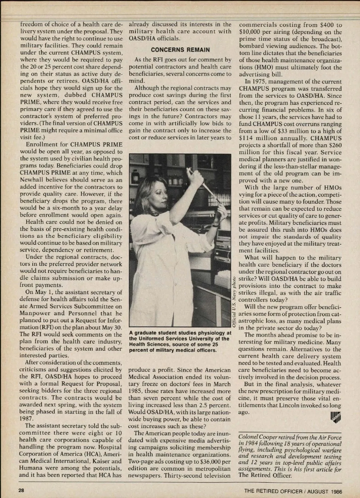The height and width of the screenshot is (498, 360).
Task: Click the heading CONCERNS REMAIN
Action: tap(180, 50)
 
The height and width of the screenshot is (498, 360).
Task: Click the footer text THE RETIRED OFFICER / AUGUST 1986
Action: tap(293, 491)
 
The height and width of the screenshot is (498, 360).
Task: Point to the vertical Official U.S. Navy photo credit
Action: tap(234, 300)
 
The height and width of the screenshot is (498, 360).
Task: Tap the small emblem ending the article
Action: tap(336, 416)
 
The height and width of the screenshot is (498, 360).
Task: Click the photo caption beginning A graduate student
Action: tap(180, 341)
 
